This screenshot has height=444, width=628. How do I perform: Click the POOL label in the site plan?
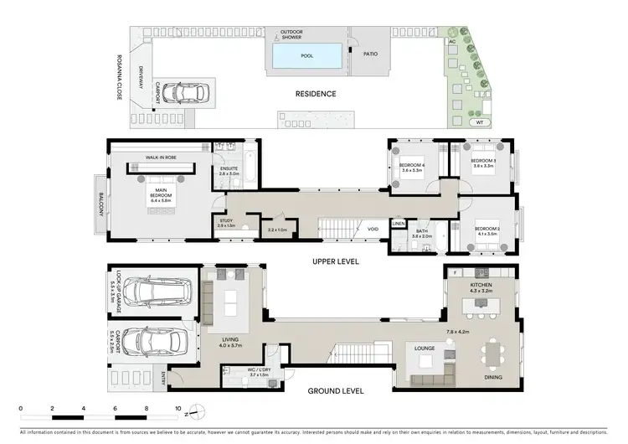(x=308, y=57)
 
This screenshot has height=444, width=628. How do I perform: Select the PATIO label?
(x=369, y=54)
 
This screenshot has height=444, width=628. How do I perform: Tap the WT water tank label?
(x=479, y=122)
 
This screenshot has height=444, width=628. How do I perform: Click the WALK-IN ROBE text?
(x=160, y=157)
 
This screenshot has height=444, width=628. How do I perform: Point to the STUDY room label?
(x=226, y=223)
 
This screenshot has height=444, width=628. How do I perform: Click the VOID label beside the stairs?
(x=373, y=228)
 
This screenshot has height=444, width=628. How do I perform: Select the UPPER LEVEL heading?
(x=336, y=261)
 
